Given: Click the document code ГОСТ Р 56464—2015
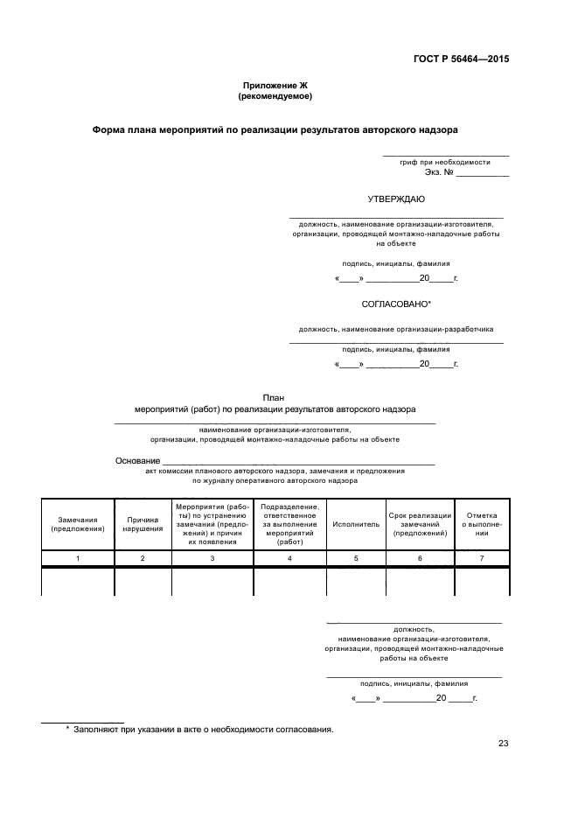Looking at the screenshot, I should tap(461, 59).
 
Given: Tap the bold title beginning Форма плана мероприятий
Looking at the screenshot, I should tap(275, 129).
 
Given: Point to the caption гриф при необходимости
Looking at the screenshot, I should tap(445, 163).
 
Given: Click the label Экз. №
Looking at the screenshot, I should tap(438, 173).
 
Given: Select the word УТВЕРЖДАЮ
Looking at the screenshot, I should tap(396, 199).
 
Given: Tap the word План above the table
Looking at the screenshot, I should tap(275, 397).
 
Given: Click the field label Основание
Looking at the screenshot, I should tap(137, 461).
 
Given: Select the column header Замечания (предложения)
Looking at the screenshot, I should tap(78, 524).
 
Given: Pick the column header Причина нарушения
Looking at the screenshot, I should tap(143, 524).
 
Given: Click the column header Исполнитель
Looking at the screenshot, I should tap(356, 524).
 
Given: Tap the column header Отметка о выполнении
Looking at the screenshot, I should tap(481, 524).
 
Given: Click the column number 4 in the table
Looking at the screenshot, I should tap(289, 558).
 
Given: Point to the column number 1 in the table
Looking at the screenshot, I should tap(78, 558).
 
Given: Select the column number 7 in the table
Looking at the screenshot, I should tap(481, 558).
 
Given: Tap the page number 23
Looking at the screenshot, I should tap(503, 745).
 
